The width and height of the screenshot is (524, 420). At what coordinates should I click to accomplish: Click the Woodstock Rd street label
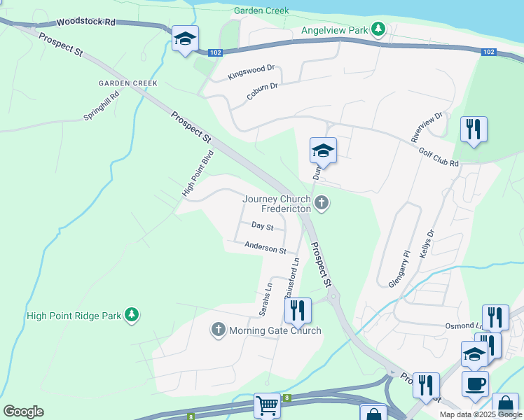point(86,22)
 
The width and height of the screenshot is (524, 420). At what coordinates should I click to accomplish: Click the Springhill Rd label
point(102,106)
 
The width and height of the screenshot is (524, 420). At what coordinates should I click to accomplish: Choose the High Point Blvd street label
point(197,175)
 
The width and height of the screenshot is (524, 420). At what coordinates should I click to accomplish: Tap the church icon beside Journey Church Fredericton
point(322,203)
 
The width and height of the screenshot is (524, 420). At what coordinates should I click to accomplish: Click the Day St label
point(263,226)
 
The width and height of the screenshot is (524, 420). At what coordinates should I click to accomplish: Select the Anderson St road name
point(266,247)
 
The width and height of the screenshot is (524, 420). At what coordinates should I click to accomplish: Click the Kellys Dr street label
point(427,244)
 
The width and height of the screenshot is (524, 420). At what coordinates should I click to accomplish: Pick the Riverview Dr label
point(429,125)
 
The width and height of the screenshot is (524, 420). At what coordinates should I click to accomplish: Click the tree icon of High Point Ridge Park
point(131,316)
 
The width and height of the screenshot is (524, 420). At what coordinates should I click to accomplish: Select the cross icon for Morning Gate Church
point(218,329)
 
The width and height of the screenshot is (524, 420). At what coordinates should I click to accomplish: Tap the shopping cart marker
point(267,405)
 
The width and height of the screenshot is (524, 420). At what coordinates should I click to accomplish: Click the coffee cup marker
point(475,383)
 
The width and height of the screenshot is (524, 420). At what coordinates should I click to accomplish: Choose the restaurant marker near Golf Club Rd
point(474,129)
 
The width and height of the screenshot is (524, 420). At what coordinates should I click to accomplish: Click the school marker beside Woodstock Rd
point(185,38)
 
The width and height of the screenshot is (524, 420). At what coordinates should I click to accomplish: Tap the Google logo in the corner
point(23,412)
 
